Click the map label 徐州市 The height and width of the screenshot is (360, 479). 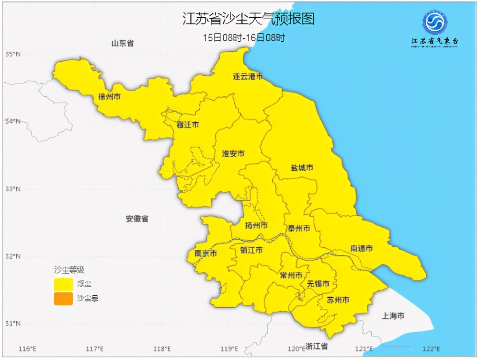click(109, 96)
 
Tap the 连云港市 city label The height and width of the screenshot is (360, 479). click(248, 77)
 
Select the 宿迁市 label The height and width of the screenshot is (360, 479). click(187, 125)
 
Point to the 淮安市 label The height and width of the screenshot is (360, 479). click(233, 154)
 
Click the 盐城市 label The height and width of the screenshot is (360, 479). click(302, 168)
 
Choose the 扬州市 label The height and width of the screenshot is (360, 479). click(256, 226)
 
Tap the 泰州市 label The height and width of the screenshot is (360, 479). click(298, 228)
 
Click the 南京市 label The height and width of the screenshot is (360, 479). click(206, 254)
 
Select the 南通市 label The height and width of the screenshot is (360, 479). click(362, 249)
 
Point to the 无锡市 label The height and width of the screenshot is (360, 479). click(319, 284)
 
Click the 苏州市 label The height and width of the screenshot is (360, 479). click(338, 300)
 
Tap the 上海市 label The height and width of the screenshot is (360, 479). click(393, 316)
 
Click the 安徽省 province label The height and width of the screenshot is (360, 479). click(137, 219)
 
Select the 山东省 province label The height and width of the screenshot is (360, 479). click(123, 44)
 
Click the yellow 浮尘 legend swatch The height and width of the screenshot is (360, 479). click(63, 284)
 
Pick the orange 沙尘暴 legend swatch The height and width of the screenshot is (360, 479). click(63, 299)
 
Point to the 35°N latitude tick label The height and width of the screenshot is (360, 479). click(13, 54)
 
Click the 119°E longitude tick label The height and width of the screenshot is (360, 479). click(229, 348)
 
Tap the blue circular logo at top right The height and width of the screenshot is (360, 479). click(434, 23)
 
